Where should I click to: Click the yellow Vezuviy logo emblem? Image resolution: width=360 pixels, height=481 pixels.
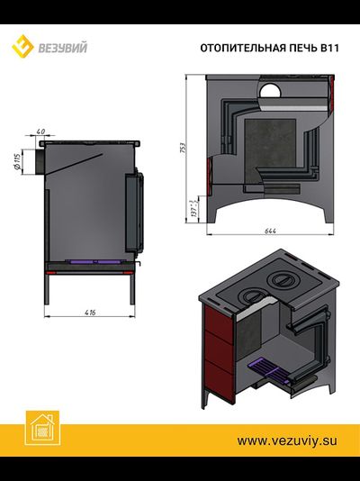coord(22,47)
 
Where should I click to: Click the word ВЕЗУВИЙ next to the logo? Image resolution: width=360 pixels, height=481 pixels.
coord(62,48)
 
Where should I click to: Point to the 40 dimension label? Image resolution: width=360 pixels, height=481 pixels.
coord(40,132)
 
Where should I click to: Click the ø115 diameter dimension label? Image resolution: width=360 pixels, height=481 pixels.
coord(17,161)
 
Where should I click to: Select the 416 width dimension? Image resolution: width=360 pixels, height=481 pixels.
coord(90,313)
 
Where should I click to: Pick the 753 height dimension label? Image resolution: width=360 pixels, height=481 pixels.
coord(183,150)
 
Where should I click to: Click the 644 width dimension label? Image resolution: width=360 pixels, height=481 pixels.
coord(270,231)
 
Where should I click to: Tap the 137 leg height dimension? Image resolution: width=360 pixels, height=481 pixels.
coord(193,209)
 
